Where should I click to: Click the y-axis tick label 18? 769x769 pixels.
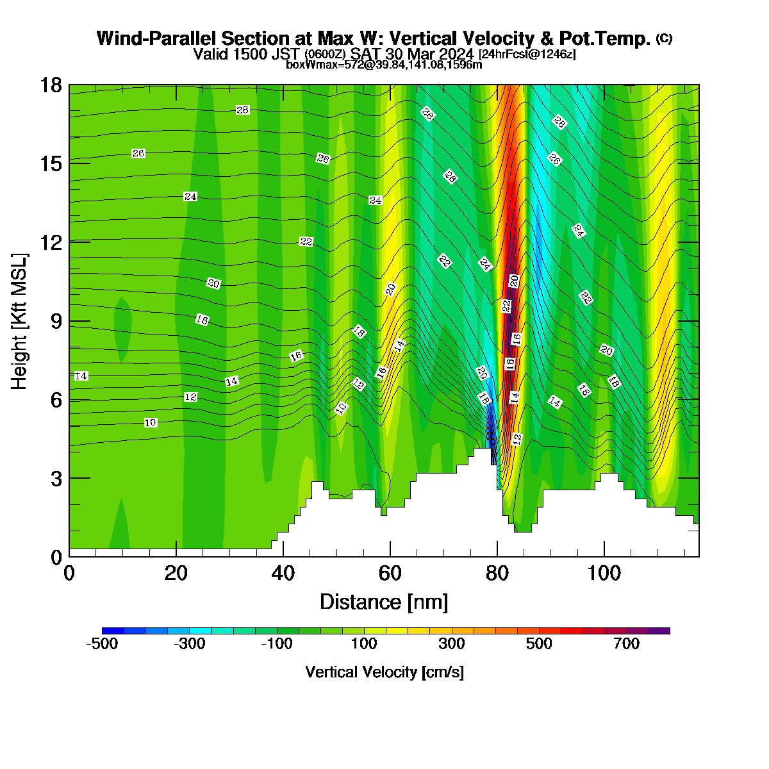51,85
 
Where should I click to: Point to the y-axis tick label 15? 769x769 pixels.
51,163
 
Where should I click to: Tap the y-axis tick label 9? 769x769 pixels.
56,321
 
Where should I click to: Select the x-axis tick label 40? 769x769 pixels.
283,574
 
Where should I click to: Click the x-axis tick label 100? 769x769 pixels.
604,574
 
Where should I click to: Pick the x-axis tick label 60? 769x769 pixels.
390,574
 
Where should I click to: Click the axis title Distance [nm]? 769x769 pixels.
384,602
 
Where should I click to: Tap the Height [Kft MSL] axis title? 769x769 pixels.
19,321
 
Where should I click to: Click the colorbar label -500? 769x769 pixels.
102,643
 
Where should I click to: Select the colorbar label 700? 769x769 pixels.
627,643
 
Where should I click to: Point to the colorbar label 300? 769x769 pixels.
451,643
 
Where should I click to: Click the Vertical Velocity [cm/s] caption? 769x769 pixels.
384,672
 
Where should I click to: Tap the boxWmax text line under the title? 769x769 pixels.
384,65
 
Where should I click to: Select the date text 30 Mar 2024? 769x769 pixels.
429,54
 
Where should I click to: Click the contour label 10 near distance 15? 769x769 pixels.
150,422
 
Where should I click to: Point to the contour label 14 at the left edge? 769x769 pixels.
81,376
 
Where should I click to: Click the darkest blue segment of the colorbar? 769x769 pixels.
113,631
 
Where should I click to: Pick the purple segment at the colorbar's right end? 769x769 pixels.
659,631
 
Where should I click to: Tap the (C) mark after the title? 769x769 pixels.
664,38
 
